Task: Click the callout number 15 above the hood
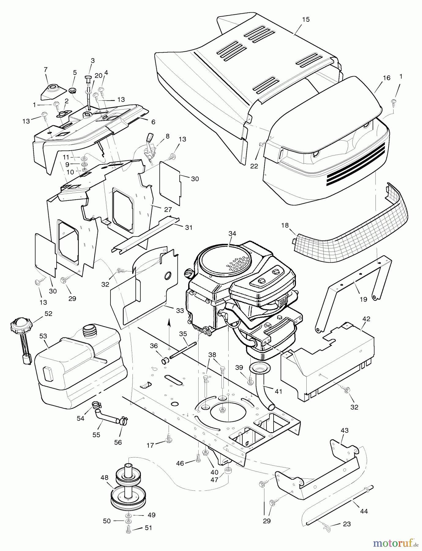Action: [x=305, y=20]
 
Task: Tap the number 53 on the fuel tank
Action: [x=43, y=336]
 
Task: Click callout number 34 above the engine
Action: [x=232, y=234]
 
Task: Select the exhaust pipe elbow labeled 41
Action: [x=262, y=390]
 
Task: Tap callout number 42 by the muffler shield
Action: [x=366, y=319]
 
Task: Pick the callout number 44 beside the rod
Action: [x=364, y=511]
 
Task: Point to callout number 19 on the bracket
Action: [x=363, y=299]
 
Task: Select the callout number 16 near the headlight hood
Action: [x=387, y=78]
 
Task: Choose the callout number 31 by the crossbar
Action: [x=189, y=227]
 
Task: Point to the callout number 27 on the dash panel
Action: [x=168, y=210]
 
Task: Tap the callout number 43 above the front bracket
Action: [x=344, y=430]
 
